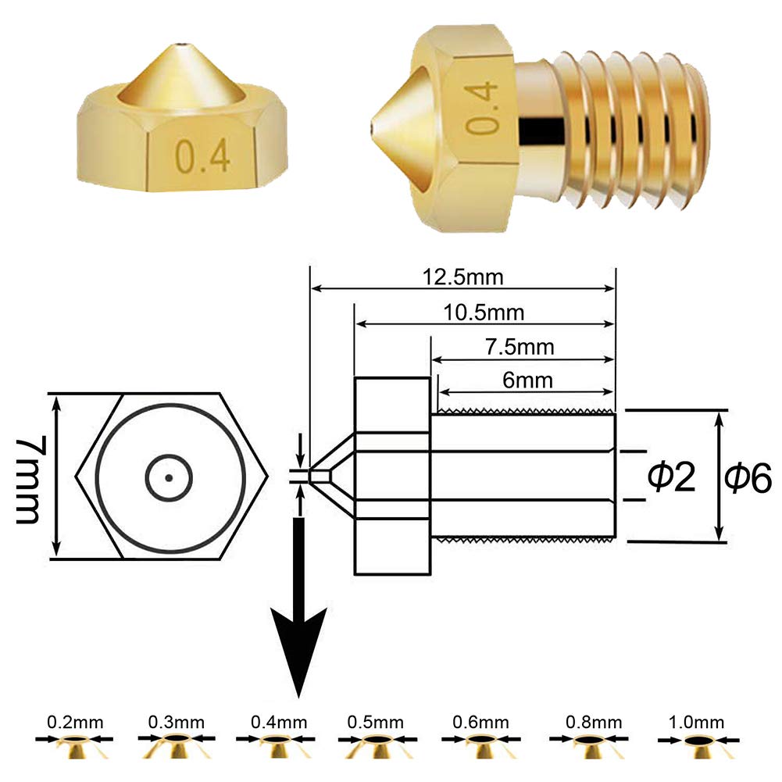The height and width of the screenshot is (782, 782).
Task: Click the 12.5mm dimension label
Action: click(462, 277)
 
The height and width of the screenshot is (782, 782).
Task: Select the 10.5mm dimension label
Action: click(484, 313)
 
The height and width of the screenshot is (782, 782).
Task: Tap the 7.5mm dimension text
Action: click(520, 347)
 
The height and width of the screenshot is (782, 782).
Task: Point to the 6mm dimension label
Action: click(527, 380)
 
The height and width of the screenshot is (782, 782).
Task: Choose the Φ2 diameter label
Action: click(671, 476)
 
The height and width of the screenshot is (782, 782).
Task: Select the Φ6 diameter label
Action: click(748, 477)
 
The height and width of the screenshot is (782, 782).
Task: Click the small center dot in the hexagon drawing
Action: click(169, 478)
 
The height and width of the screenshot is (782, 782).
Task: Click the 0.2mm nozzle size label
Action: click(75, 722)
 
